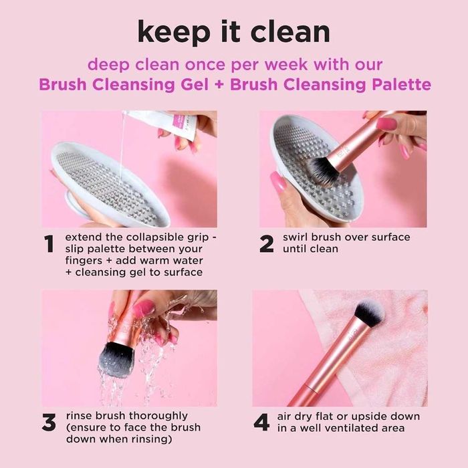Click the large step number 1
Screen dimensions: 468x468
click(49, 245)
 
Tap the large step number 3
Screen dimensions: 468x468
click(49, 423)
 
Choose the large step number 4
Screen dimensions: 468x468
click(263, 423)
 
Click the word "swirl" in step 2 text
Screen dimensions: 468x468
click(296, 237)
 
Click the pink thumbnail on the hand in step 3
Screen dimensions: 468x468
click(143, 308)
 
